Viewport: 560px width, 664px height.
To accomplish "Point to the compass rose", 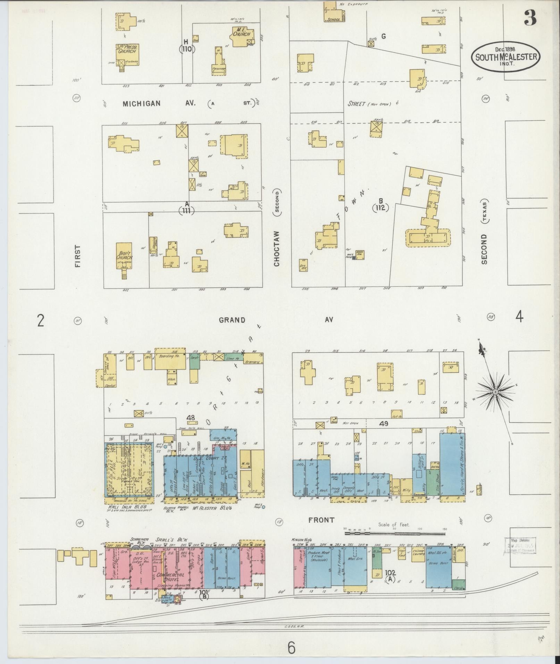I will [x=495, y=392].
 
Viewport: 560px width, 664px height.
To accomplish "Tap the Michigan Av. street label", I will [x=158, y=103].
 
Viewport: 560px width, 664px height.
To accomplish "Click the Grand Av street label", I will [x=232, y=320].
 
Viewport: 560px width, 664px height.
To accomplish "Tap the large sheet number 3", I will [x=530, y=18].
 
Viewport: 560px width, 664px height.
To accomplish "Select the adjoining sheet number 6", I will [x=291, y=647].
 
